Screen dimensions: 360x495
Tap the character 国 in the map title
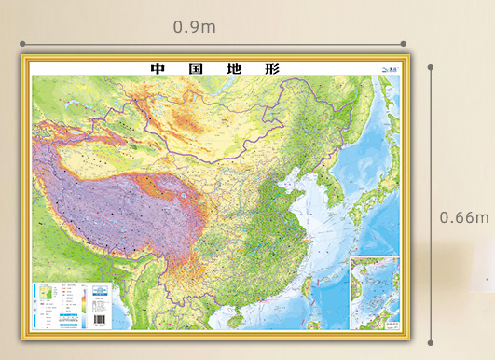coord(191,68)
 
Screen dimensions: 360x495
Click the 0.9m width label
coord(194,26)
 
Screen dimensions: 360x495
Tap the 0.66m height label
coord(463,217)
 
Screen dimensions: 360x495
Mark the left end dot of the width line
coord(21,43)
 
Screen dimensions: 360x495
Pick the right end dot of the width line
coord(404,43)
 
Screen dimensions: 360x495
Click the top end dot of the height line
coord(431,67)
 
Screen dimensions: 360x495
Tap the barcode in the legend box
coord(99,318)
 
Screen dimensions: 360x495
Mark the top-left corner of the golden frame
coord(24,56)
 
